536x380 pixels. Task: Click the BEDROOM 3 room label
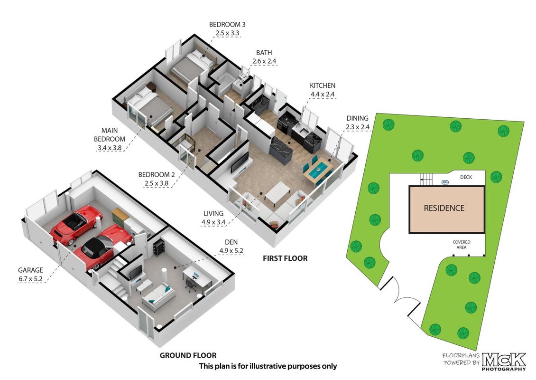point(227,25)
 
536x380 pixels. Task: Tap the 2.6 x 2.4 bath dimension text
point(264,61)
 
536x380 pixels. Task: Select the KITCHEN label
point(323,85)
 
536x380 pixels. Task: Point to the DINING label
point(357,118)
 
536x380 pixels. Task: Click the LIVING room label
point(213,213)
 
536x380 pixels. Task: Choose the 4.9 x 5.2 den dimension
point(231,251)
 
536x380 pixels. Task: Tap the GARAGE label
point(30,270)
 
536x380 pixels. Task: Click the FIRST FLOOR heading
point(285,258)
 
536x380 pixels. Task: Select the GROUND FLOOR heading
point(188,356)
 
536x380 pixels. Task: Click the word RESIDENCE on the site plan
point(444,208)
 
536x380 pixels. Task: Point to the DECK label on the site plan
point(466,177)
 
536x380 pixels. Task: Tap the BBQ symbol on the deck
point(445,182)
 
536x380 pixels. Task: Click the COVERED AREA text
point(462,245)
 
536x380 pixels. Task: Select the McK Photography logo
point(504,361)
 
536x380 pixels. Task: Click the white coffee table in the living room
point(277,193)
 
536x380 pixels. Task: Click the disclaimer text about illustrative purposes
point(268,366)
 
